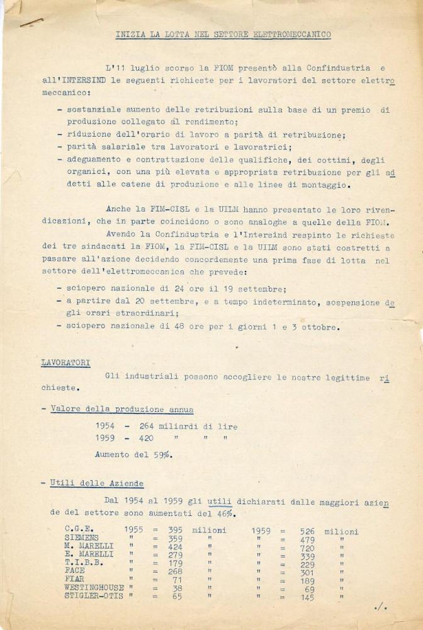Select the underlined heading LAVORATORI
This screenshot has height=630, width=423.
coord(65,363)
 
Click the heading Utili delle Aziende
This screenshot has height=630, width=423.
coord(97,483)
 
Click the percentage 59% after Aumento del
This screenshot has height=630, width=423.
coord(164,454)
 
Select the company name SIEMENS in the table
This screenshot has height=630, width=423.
coord(81,539)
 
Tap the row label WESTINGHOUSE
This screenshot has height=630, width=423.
coord(94,587)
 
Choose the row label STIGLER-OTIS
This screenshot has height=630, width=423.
coord(94,596)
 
